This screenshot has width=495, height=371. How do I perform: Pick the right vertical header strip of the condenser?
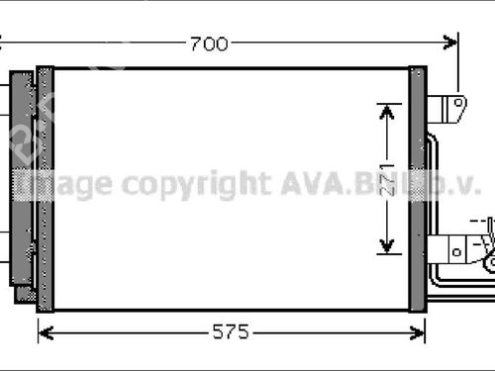pos(417,188)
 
